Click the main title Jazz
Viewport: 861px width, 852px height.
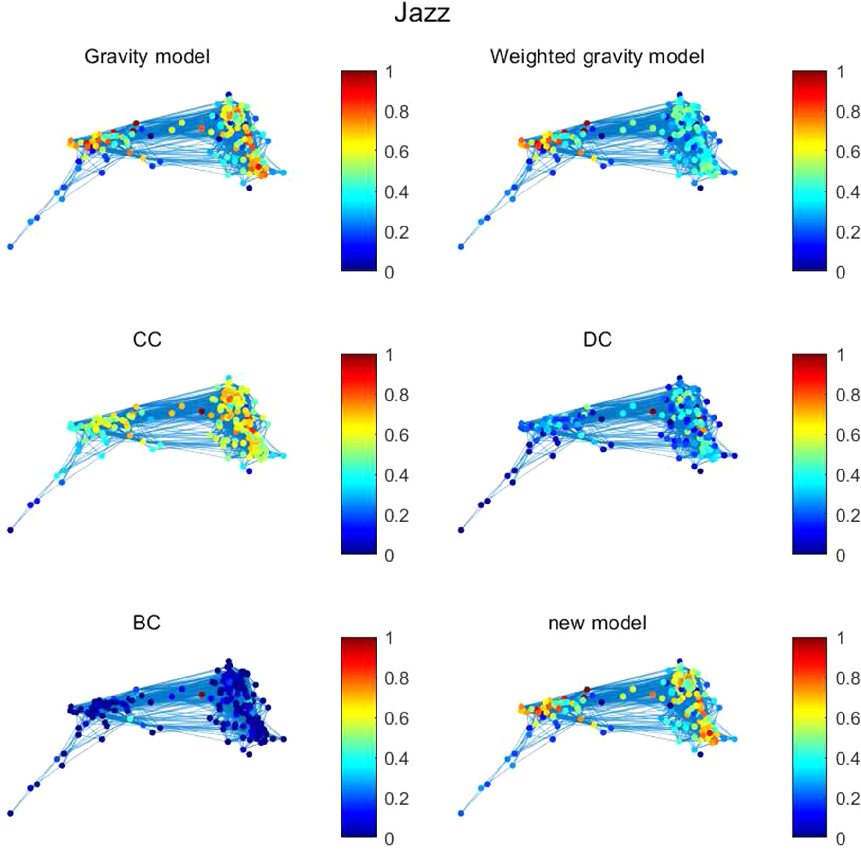click(422, 14)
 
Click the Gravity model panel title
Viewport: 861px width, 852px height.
click(147, 57)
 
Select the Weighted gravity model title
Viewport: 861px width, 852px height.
click(597, 57)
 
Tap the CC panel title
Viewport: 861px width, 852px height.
click(147, 340)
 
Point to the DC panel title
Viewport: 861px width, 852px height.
click(597, 340)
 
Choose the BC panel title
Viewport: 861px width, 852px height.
click(146, 623)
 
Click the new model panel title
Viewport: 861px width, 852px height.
click(597, 623)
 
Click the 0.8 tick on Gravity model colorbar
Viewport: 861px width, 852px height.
click(396, 112)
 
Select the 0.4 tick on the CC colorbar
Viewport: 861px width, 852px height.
click(396, 475)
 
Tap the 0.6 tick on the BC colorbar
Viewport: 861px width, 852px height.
click(396, 718)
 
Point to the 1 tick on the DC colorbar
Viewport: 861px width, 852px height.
click(840, 355)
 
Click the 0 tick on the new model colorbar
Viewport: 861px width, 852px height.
click(840, 838)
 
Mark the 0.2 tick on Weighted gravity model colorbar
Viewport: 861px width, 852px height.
click(847, 232)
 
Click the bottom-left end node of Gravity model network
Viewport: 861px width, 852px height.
click(10, 247)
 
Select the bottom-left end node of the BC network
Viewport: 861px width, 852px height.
click(10, 813)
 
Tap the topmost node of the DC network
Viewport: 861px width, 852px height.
click(680, 378)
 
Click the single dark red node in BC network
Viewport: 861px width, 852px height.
click(202, 695)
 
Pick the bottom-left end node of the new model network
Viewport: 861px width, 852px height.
click(461, 813)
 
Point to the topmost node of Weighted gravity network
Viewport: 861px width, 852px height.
click(680, 95)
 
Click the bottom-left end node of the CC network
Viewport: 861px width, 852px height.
click(10, 530)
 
